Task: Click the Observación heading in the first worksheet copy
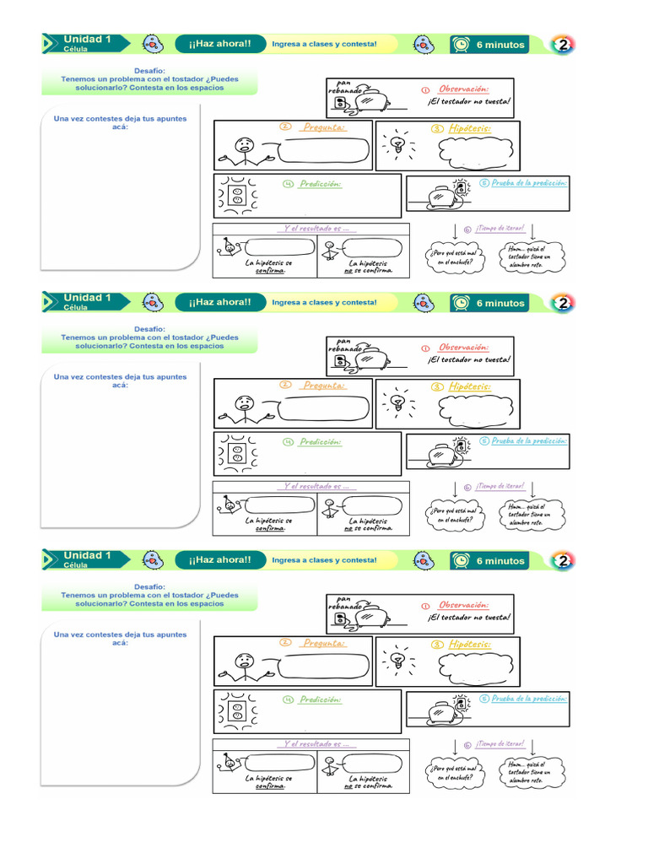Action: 463,89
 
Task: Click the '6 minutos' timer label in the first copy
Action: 500,45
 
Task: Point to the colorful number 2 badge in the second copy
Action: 563,303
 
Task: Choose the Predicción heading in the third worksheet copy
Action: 321,699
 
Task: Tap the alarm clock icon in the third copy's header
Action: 462,561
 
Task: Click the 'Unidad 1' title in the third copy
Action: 87,556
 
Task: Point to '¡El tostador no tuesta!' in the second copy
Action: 469,359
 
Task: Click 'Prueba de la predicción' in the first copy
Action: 530,182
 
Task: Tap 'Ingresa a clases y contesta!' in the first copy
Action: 324,44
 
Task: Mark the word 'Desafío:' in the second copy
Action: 149,329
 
